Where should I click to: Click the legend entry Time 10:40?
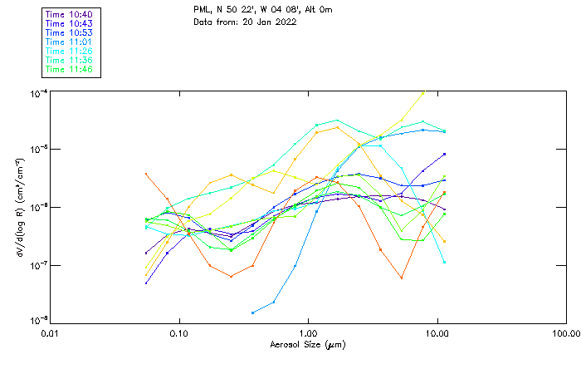(x=70, y=14)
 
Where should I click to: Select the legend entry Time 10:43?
(x=70, y=23)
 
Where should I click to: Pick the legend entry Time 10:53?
(x=70, y=32)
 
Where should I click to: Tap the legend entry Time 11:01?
(x=70, y=42)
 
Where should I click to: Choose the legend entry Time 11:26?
(x=70, y=51)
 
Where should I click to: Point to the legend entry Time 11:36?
(x=70, y=60)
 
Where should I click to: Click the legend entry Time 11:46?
(x=70, y=69)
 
